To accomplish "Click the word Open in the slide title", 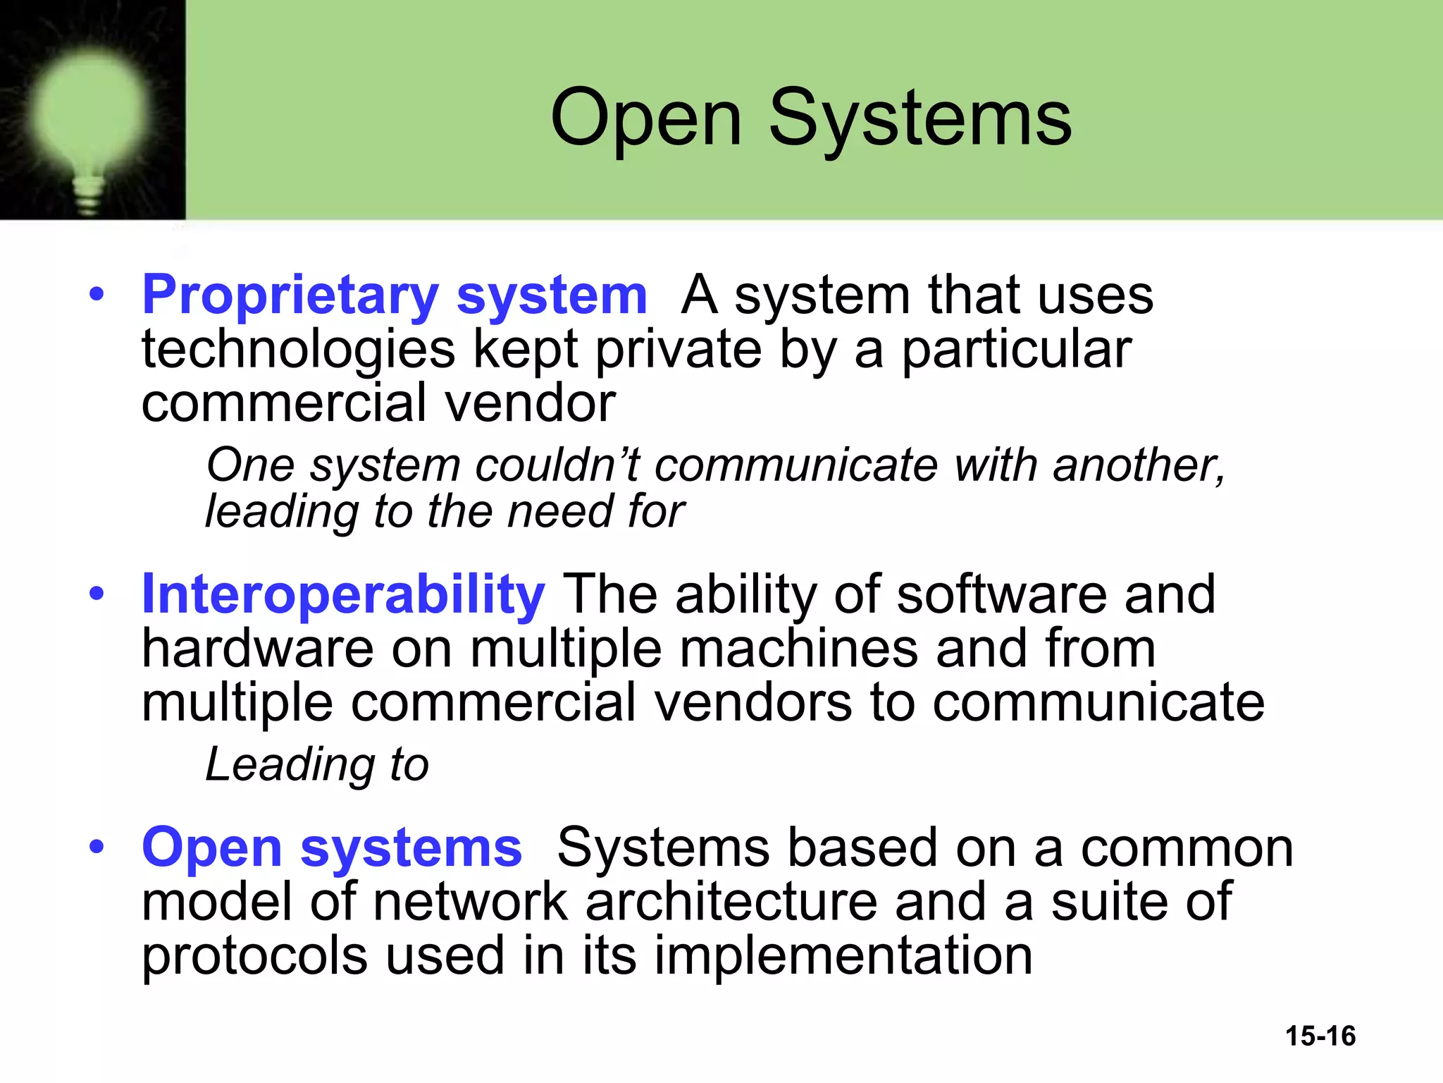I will [x=645, y=118].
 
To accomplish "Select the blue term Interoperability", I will [x=343, y=594].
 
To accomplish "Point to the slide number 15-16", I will [x=1320, y=1036].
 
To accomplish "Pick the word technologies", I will [x=298, y=350].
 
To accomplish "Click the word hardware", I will [x=257, y=649].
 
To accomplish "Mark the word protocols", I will [x=254, y=956].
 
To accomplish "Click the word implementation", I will [x=843, y=956].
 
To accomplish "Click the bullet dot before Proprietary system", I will [x=97, y=294].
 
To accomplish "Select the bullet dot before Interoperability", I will [x=97, y=594].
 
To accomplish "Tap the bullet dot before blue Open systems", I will [x=97, y=847].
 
